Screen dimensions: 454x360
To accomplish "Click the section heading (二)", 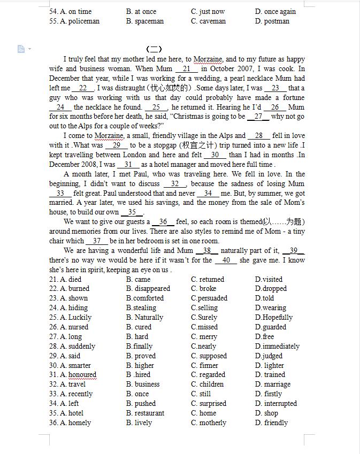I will tap(154, 49).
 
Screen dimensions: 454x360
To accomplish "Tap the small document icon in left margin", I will tap(21, 49).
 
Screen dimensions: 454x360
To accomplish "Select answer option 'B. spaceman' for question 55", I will tap(145, 21).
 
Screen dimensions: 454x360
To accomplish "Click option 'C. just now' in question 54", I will tap(208, 11).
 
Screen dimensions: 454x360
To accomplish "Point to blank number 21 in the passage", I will tap(186, 69).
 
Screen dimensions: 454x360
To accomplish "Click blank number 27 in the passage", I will tap(258, 117).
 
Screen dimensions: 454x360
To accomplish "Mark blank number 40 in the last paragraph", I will tap(226, 260).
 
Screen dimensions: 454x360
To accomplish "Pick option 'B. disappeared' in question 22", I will tap(148, 289).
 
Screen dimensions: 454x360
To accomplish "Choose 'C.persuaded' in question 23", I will tap(209, 298).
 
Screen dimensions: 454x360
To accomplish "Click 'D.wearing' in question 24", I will tap(271, 308).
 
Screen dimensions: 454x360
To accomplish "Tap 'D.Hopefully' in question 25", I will tap(274, 318).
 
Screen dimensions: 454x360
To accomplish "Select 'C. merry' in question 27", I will tap(204, 337).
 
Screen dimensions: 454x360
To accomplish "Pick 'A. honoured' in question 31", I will tap(78, 375).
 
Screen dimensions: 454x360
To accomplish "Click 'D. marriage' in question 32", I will tap(273, 384).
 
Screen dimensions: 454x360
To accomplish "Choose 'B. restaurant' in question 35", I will tap(145, 413).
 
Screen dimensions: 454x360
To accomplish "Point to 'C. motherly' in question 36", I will tap(209, 423).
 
